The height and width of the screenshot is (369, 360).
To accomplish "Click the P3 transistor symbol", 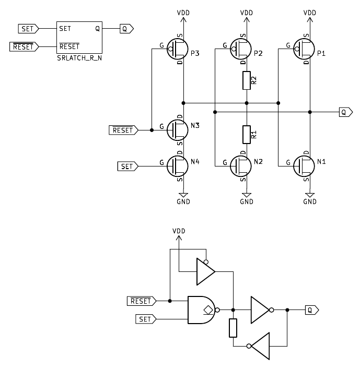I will [x=178, y=50].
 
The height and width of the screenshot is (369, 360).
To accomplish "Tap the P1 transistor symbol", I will [x=304, y=50].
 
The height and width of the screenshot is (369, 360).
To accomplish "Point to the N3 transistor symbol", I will [x=178, y=129].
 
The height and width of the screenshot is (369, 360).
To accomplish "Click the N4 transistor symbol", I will [x=178, y=166].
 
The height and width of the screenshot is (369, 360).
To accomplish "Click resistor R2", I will [x=247, y=80].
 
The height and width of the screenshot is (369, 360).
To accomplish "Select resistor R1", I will [x=247, y=135].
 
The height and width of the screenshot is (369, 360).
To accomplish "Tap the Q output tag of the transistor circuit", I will [x=345, y=111].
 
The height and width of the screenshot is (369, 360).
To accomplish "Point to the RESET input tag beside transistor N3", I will [x=123, y=129].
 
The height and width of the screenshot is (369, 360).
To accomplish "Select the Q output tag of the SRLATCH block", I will [x=126, y=29].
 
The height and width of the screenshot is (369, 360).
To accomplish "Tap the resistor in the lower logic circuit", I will [x=233, y=328].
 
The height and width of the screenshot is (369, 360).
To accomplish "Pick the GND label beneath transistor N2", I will [x=247, y=201].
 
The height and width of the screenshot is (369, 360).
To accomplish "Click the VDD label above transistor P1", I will [x=310, y=11].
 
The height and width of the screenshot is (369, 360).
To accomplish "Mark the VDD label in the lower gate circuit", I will [x=179, y=231].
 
